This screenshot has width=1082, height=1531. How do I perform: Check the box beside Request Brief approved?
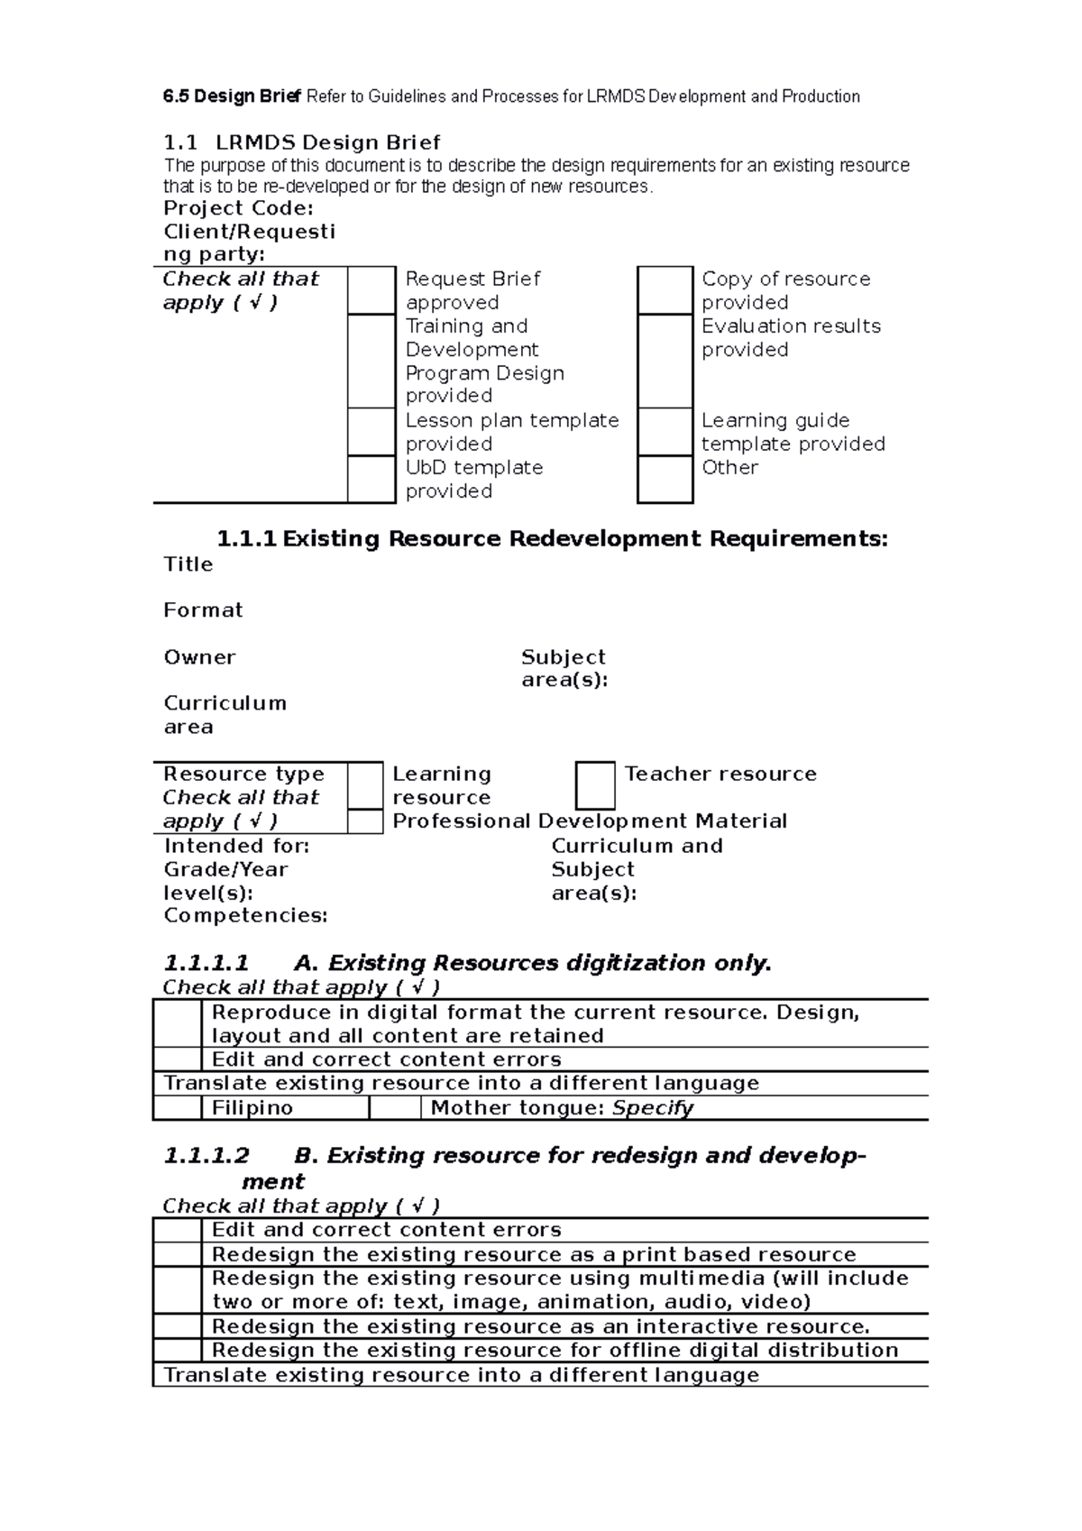tap(371, 290)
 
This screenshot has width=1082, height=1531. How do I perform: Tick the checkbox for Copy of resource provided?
tap(665, 290)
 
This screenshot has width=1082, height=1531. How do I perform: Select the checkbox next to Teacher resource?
tap(595, 785)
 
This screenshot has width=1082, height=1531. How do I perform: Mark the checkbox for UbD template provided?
tap(371, 479)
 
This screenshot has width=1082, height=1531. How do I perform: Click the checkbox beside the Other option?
tap(665, 479)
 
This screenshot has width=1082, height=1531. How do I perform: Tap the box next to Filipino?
tap(177, 1108)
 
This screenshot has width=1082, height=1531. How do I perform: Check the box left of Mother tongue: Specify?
tap(395, 1108)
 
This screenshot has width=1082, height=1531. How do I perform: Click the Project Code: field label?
tap(238, 208)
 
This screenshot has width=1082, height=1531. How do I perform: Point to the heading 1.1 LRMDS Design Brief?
tap(302, 142)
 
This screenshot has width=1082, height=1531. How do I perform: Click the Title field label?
tap(188, 564)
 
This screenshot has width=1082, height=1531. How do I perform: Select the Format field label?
tap(203, 610)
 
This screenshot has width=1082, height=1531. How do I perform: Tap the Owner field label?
tap(199, 657)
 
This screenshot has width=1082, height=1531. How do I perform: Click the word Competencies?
tap(245, 916)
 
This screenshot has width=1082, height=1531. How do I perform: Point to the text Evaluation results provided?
tap(790, 337)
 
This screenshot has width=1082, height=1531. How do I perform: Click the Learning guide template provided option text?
tap(792, 432)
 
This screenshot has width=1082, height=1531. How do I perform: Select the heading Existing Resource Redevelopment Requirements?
tap(552, 539)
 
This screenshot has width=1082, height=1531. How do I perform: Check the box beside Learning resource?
tap(365, 785)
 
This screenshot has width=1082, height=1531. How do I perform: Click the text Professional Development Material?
tap(590, 821)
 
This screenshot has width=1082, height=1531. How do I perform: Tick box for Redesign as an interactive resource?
tap(177, 1326)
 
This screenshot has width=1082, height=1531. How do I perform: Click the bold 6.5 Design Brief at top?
tap(233, 96)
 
